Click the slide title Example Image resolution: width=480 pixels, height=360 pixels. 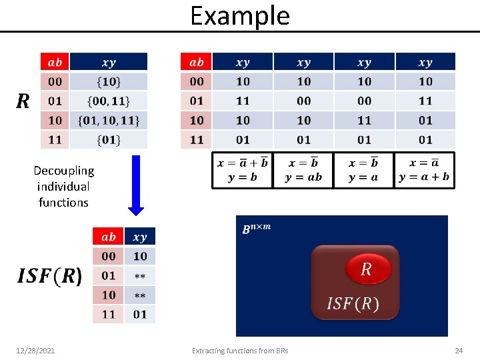[240, 15]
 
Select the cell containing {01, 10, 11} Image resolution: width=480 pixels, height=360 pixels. [109, 121]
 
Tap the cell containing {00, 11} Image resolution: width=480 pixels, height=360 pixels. [109, 101]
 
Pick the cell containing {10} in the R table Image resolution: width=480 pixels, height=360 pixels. [109, 81]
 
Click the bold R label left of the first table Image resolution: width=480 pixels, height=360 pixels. [23, 101]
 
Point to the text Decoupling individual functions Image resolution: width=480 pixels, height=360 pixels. [63, 187]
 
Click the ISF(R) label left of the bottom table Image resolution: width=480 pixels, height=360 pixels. [50, 276]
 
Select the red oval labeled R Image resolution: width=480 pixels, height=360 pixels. [366, 269]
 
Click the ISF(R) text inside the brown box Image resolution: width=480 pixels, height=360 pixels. [352, 304]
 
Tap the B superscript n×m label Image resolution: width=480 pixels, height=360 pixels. [256, 229]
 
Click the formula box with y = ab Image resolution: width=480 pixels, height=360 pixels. [303, 171]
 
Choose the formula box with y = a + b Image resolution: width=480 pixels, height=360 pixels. [424, 171]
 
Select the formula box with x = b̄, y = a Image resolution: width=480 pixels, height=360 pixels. [364, 171]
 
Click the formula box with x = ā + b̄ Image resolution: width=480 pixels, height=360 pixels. [243, 171]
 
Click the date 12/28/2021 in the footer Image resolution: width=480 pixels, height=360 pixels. [36, 350]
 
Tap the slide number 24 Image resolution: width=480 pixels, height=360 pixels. [458, 350]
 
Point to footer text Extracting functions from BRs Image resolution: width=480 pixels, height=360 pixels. [240, 350]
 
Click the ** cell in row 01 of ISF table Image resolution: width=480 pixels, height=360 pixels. [140, 275]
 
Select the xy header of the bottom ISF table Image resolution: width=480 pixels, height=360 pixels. [140, 237]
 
